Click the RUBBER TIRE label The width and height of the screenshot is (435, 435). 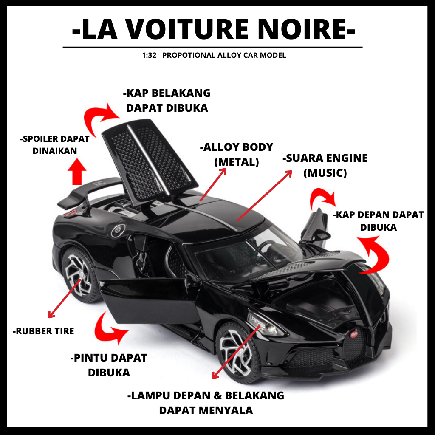43,331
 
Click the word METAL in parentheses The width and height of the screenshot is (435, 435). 237,162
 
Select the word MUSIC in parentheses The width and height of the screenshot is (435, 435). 325,173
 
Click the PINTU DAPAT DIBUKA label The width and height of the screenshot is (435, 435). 108,365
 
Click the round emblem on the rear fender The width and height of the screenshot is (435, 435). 117,231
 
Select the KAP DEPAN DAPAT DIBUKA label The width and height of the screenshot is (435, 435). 378,221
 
